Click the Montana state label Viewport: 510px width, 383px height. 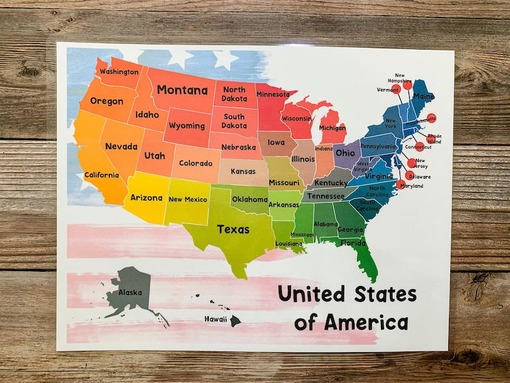pyautogui.click(x=182, y=90)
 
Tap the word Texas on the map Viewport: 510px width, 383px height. pyautogui.click(x=233, y=229)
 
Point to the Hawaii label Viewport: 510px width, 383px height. pyautogui.click(x=216, y=319)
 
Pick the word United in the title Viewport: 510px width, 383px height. pyautogui.click(x=310, y=294)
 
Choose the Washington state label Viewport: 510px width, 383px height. pyautogui.click(x=119, y=71)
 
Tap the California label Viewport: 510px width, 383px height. pyautogui.click(x=101, y=175)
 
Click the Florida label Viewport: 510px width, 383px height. pyautogui.click(x=353, y=243)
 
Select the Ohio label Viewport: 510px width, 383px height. pyautogui.click(x=345, y=153)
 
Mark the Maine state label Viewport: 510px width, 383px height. pyautogui.click(x=423, y=96)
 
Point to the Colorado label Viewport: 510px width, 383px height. pyautogui.click(x=195, y=163)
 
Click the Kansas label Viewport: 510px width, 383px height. pyautogui.click(x=243, y=172)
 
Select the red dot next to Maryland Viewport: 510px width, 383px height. pyautogui.click(x=402, y=184)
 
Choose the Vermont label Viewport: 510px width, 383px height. pyautogui.click(x=388, y=90)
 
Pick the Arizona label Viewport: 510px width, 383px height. pyautogui.click(x=146, y=198)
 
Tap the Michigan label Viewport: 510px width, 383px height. pyautogui.click(x=332, y=128)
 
